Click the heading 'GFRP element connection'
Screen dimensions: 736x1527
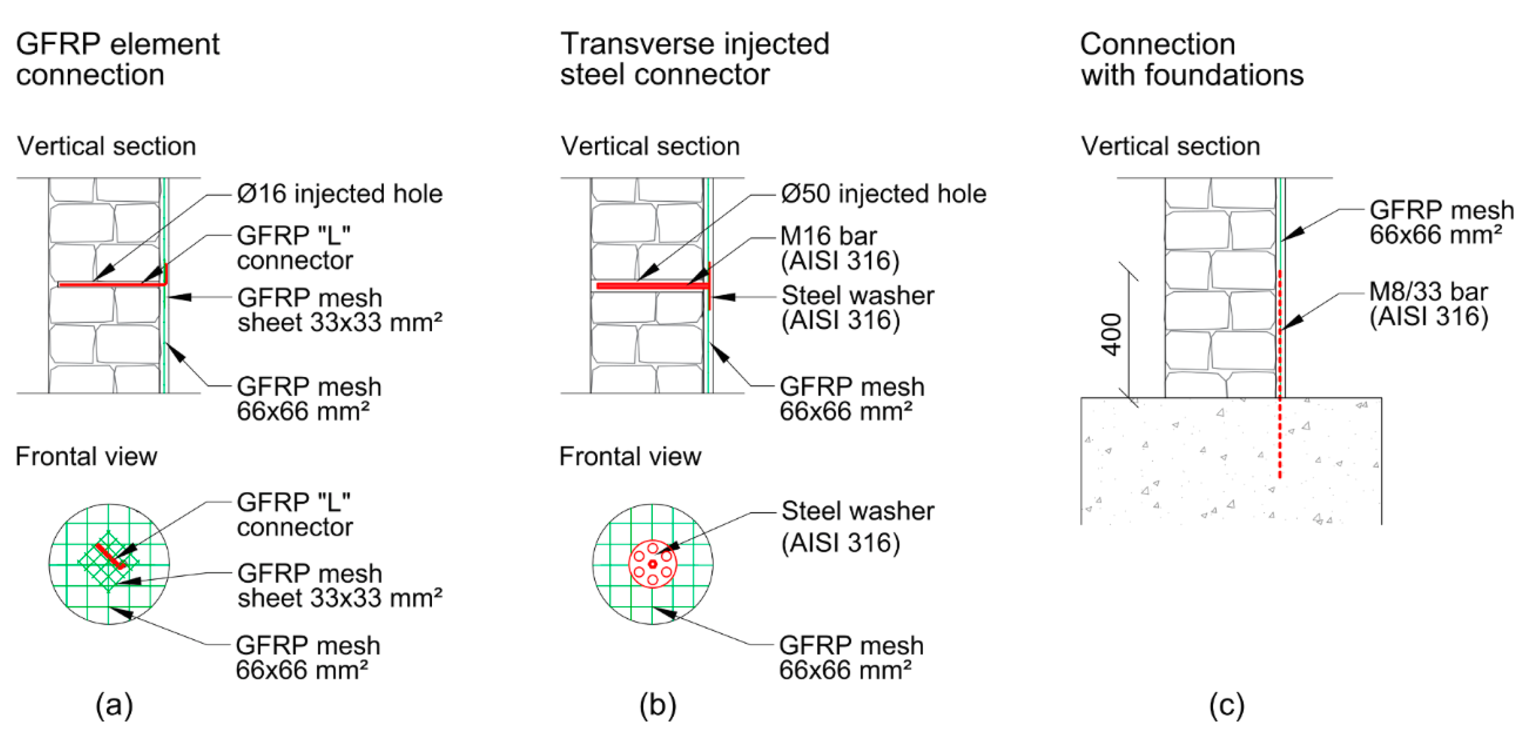(118, 59)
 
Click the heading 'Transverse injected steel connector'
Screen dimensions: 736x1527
(694, 59)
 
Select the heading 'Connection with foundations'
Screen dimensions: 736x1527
(1191, 59)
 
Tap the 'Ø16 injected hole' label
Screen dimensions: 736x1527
(339, 194)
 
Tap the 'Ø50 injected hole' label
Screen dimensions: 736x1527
(883, 194)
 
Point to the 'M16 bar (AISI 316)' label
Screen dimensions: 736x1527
(839, 248)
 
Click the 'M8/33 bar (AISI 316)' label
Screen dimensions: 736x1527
(1429, 304)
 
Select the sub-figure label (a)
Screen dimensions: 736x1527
(115, 705)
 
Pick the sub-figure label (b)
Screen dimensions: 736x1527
(657, 705)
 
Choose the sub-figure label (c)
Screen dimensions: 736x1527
(1226, 705)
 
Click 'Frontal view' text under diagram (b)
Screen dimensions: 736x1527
(630, 457)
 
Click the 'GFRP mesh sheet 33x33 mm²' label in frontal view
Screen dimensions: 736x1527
(339, 585)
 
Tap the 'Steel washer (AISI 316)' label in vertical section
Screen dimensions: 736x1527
(857, 307)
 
